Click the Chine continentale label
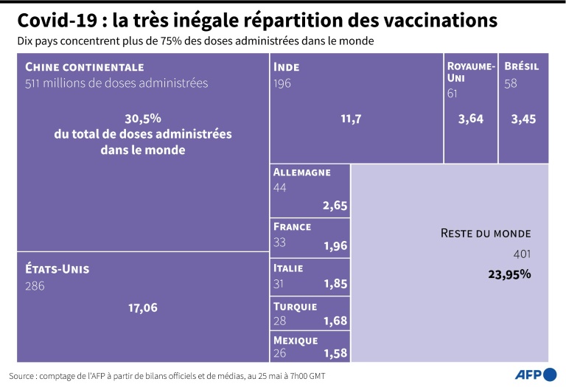[x=84, y=67]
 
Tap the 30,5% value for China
[x=143, y=118]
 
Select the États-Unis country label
[x=57, y=269]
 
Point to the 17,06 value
[x=142, y=307]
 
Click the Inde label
[x=287, y=67]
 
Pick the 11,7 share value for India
[x=349, y=119]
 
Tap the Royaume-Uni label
[x=470, y=72]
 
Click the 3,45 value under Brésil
[x=523, y=119]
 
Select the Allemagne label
[x=301, y=172]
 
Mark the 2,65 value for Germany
[x=335, y=206]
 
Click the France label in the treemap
[x=293, y=227]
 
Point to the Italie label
[x=288, y=268]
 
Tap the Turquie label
[x=295, y=307]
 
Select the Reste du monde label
[x=485, y=233]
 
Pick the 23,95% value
[x=509, y=274]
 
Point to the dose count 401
[x=521, y=254]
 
